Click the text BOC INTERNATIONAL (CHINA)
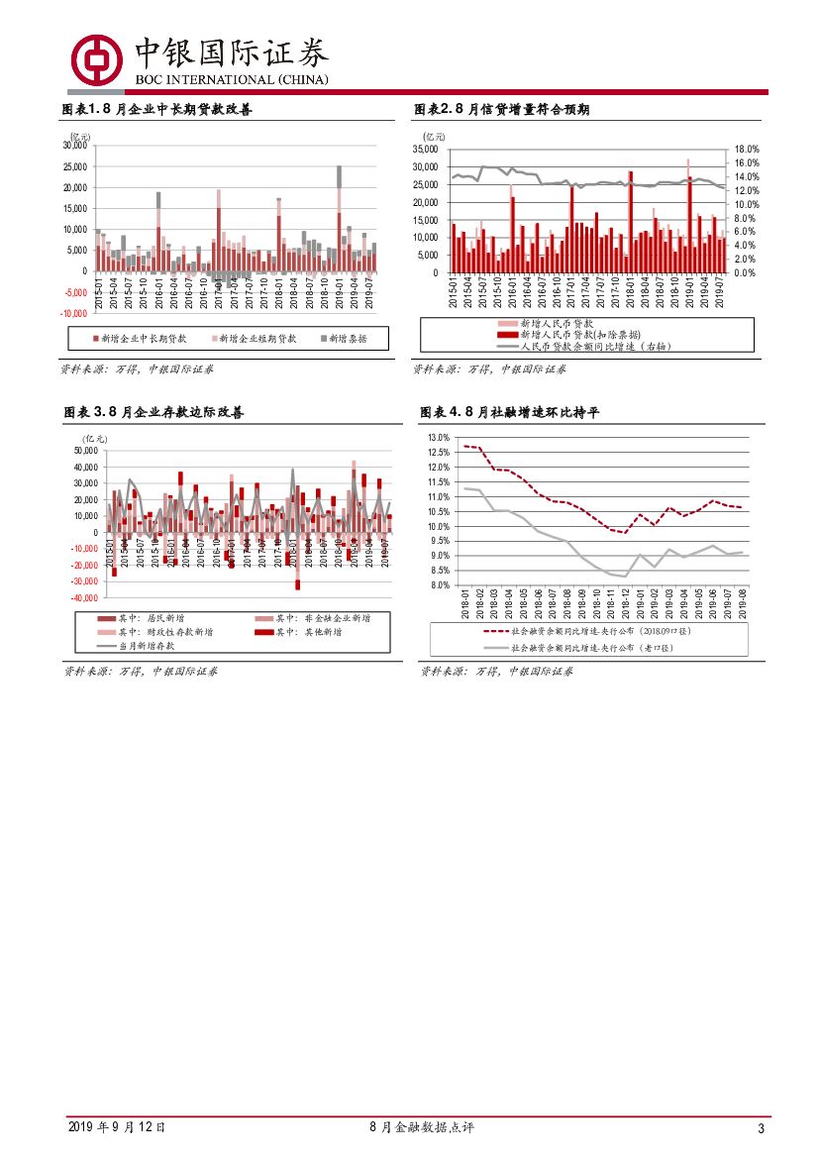[231, 79]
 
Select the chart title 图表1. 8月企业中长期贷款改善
[157, 109]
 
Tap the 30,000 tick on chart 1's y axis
[75, 145]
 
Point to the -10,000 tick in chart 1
[75, 312]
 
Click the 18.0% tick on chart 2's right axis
[746, 149]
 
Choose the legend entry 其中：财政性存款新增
[164, 631]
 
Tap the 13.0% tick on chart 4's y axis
[439, 437]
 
